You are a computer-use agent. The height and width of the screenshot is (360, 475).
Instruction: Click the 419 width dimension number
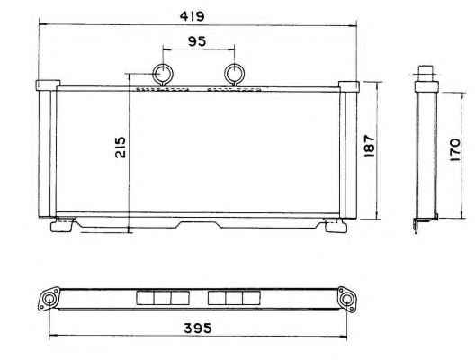click(x=192, y=16)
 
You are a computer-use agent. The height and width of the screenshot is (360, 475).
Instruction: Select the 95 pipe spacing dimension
click(x=197, y=41)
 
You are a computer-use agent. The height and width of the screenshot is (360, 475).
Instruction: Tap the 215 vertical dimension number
click(x=121, y=148)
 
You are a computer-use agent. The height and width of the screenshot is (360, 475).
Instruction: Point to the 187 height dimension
click(x=369, y=146)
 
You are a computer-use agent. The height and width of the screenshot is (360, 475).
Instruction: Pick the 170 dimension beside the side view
click(x=455, y=149)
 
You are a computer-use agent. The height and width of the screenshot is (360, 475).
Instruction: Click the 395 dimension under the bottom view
click(x=198, y=328)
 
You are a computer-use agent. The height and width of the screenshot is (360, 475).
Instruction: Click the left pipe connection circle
click(x=163, y=74)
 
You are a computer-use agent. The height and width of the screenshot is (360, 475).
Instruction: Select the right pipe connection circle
click(x=234, y=74)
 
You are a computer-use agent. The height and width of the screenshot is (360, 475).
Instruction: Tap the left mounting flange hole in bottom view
click(x=49, y=299)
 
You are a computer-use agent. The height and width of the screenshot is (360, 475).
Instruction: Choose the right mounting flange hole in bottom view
click(x=345, y=299)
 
